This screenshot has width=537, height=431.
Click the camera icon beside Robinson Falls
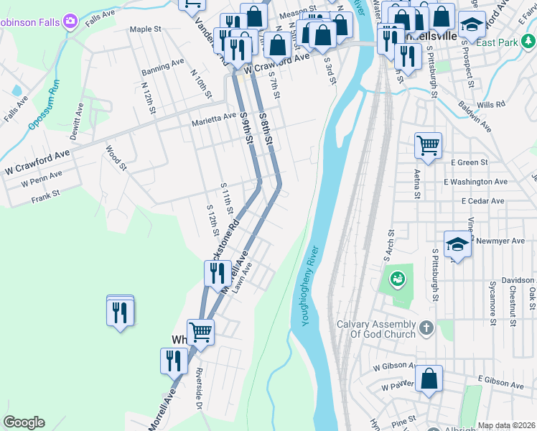coord(70,21)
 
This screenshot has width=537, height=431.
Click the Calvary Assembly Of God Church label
coord(376,329)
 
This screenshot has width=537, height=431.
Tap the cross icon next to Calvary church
coord(426,329)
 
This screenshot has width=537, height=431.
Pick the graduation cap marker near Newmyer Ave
coord(457,244)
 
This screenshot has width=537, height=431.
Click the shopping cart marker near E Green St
coord(428,146)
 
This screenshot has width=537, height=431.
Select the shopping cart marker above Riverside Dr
coord(200,331)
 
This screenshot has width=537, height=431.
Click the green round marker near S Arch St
coord(396,278)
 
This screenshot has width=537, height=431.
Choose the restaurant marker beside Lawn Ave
coord(216,273)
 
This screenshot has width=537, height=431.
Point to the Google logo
coord(24,422)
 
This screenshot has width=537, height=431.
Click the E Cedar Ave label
coord(483,201)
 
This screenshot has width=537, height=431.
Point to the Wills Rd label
coord(490,105)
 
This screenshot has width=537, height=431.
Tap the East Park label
coord(497,43)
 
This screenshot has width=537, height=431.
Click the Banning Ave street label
coord(162,65)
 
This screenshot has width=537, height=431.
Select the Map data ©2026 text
coord(505,425)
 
